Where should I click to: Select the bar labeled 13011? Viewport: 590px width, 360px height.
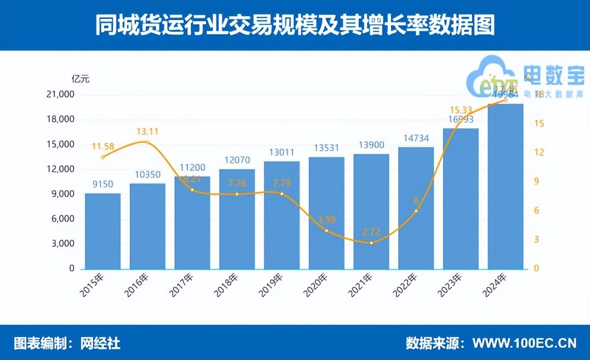[x=282, y=215]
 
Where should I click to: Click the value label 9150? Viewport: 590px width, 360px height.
[x=103, y=184]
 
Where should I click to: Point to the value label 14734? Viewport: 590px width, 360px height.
[x=416, y=138]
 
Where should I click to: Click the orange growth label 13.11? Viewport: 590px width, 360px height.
[x=147, y=132]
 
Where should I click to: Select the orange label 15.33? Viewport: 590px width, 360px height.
[x=460, y=110]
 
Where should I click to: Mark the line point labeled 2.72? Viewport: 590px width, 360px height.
[x=371, y=243]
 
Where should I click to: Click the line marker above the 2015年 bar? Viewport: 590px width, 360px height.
[x=103, y=157]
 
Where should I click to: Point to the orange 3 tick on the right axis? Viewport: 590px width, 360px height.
[x=536, y=240]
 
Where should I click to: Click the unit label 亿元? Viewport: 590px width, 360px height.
[x=80, y=80]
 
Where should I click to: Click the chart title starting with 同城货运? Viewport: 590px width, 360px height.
[x=295, y=25]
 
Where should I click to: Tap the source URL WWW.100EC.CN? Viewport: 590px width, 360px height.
[x=525, y=343]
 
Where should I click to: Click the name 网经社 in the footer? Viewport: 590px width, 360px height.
[x=101, y=343]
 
